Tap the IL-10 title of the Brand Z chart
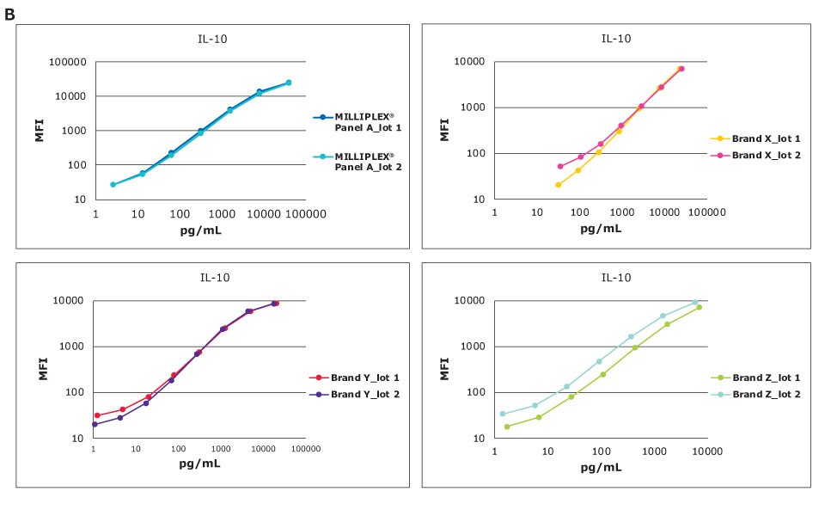616,278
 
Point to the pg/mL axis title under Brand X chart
601,228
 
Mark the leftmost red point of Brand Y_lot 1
97,415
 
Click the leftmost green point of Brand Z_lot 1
507,427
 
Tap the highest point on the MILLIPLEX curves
289,83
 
